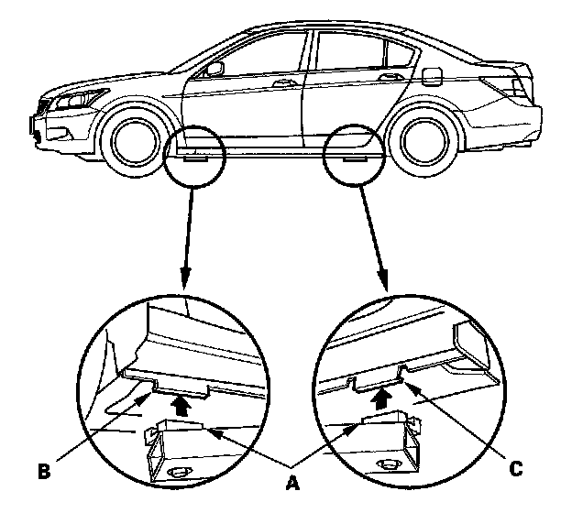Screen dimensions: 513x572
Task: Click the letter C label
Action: coord(517,469)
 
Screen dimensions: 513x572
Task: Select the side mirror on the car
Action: coord(215,70)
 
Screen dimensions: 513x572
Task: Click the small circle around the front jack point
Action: coord(193,154)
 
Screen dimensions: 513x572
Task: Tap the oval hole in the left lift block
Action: coord(177,472)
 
